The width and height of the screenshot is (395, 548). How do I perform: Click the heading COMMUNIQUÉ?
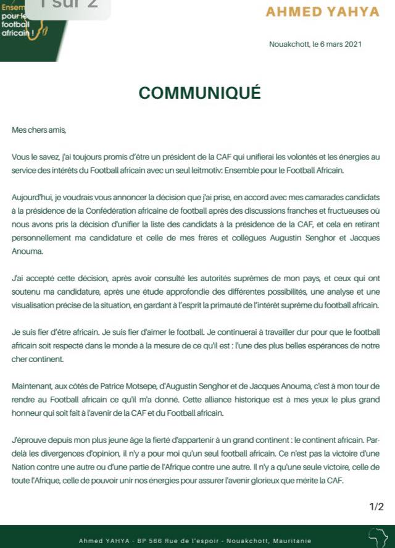[199, 93]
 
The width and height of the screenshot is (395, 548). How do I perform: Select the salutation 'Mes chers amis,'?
[38, 130]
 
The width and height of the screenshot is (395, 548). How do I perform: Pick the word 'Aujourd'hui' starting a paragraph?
[30, 198]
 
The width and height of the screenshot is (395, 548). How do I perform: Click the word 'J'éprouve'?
[29, 440]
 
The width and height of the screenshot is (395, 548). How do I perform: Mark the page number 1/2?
[376, 507]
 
